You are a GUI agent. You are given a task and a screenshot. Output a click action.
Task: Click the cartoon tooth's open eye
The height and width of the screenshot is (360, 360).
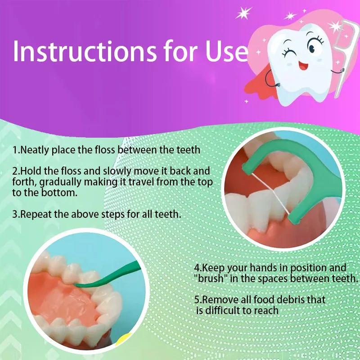coord(313,46)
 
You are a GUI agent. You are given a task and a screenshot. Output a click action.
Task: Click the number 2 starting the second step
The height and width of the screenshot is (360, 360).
coord(15,172)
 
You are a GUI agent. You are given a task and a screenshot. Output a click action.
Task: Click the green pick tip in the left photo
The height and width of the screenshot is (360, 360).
coord(77,285)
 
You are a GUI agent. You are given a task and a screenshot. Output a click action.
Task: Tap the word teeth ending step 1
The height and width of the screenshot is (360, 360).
coord(188,149)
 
